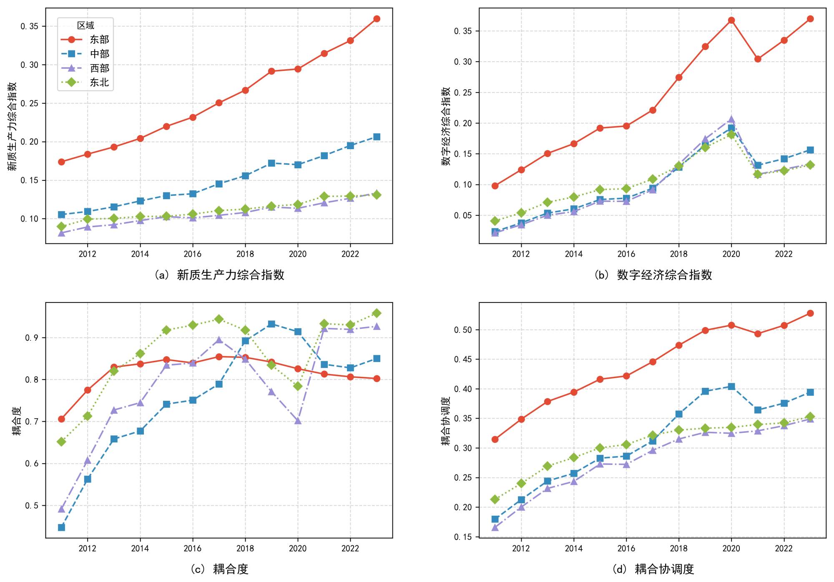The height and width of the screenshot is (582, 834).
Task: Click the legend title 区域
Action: click(x=85, y=26)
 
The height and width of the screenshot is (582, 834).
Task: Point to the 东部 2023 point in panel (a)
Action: click(x=377, y=19)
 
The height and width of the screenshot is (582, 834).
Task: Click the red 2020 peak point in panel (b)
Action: click(x=731, y=20)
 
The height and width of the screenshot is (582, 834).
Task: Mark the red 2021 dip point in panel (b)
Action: click(x=758, y=59)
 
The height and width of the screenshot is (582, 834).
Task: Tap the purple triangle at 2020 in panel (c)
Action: click(x=298, y=421)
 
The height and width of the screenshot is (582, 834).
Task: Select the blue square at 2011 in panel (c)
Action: click(x=61, y=527)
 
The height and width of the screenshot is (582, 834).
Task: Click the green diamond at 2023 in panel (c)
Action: click(x=377, y=313)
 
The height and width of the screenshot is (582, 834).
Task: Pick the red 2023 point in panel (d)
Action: click(x=810, y=313)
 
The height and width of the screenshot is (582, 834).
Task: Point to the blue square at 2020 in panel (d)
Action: click(x=731, y=387)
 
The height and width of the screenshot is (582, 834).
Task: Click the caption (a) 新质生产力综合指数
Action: click(x=219, y=275)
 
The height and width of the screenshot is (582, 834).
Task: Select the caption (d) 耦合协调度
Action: click(x=653, y=569)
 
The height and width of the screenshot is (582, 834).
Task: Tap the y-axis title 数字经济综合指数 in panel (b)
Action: click(x=446, y=126)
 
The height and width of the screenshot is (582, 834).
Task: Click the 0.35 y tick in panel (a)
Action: click(x=29, y=26)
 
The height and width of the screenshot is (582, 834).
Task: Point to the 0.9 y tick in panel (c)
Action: click(x=32, y=338)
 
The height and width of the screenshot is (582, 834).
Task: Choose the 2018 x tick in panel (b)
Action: click(x=678, y=254)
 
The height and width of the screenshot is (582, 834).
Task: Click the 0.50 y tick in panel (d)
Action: click(x=463, y=330)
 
